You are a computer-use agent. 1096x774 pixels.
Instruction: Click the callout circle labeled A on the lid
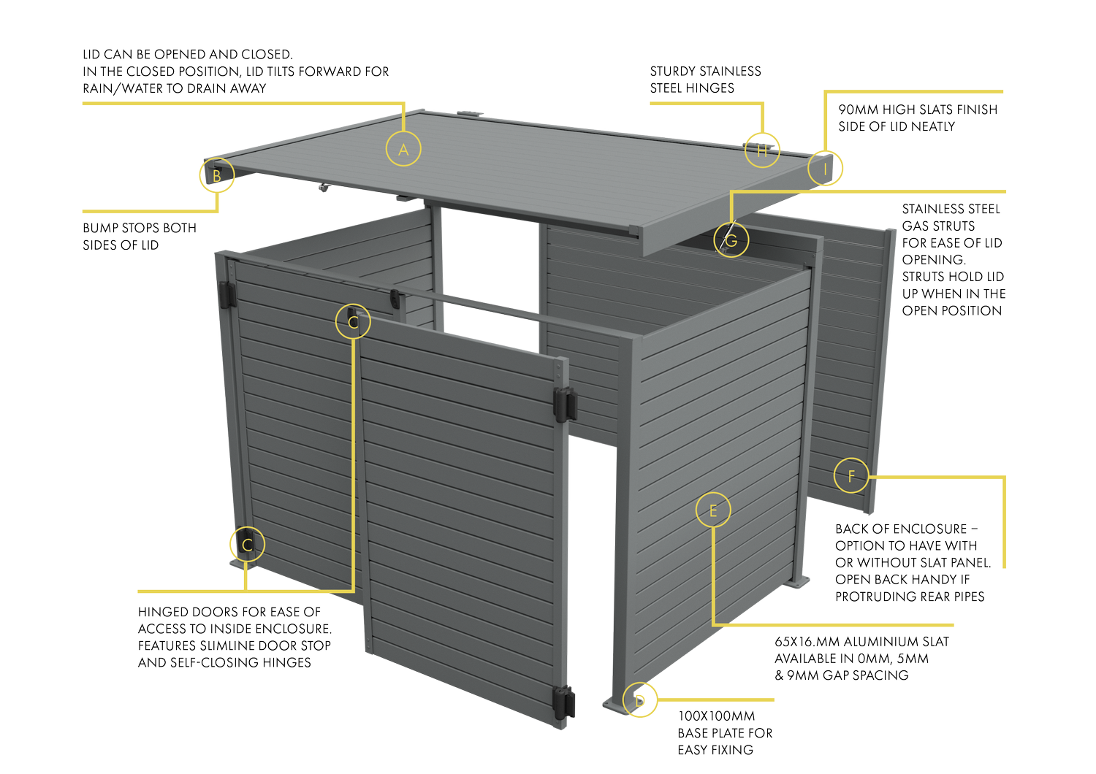[x=403, y=149]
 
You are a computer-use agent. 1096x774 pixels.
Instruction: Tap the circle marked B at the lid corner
[x=217, y=175]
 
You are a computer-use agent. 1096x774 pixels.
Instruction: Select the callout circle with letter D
[x=640, y=700]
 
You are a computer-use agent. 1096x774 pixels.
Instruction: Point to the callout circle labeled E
[x=713, y=510]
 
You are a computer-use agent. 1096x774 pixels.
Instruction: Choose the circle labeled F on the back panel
[x=851, y=476]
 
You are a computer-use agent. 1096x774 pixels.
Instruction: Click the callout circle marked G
[x=731, y=240]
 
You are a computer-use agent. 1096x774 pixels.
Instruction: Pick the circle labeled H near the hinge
[x=762, y=150]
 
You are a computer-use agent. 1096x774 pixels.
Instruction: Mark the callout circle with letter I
[x=826, y=169]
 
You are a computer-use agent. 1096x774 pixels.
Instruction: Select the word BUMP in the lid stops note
[x=99, y=228]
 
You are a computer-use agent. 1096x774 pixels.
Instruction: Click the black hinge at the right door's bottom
[x=566, y=702]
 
